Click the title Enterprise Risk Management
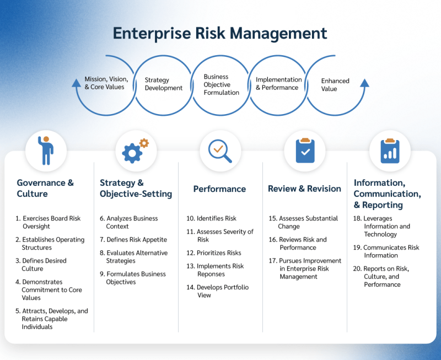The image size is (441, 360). click(220, 34)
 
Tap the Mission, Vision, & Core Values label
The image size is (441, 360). click(106, 83)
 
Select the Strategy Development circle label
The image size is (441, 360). click(164, 84)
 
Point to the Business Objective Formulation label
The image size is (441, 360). click(222, 85)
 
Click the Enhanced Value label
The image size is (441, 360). click(335, 85)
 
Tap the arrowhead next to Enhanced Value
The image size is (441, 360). click(364, 83)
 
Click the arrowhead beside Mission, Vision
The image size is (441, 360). click(76, 83)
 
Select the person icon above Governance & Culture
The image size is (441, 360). click(46, 151)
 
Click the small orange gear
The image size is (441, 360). click(144, 143)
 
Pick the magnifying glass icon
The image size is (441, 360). click(220, 151)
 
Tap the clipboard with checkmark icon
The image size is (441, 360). click(305, 151)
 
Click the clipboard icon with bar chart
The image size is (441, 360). click(390, 151)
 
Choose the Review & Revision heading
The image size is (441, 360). click(304, 189)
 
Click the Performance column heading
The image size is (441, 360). click(219, 189)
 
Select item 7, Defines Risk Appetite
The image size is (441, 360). click(133, 240)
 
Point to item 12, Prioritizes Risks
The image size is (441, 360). click(214, 253)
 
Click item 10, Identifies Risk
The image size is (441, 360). click(211, 218)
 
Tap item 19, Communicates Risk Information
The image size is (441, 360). click(386, 251)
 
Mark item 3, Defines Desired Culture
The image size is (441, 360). click(41, 265)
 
